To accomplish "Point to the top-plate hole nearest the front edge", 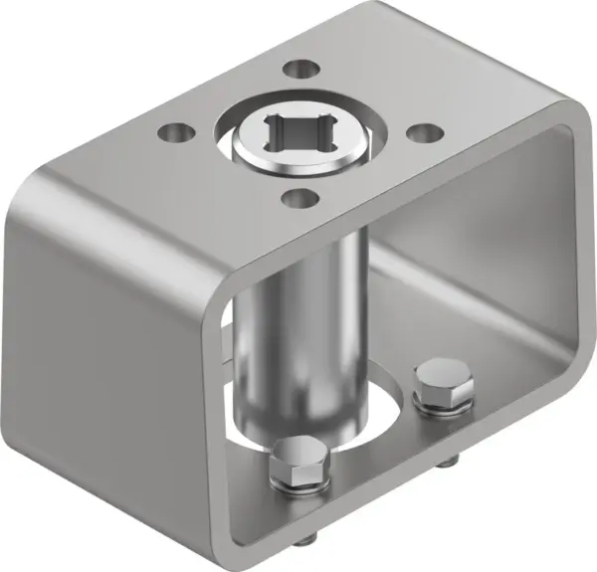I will [295, 199].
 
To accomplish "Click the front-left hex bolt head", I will [299, 461].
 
